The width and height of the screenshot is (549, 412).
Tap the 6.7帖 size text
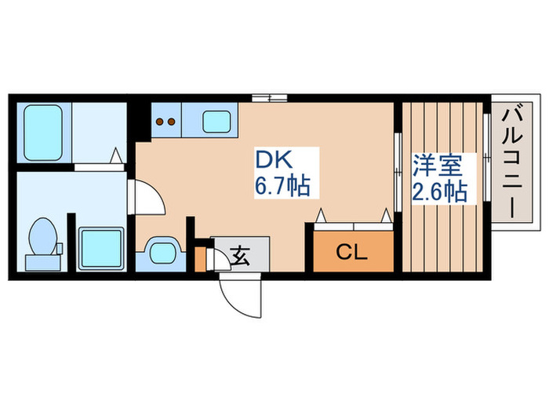[280, 187]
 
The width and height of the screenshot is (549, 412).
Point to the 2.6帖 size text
[439, 191]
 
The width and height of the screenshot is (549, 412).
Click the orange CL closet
[352, 251]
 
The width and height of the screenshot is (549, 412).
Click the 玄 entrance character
[240, 255]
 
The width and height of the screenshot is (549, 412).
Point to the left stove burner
[160, 122]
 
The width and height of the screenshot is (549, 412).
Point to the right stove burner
[171, 122]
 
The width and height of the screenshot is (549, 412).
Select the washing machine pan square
[101, 249]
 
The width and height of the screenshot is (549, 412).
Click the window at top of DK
[269, 97]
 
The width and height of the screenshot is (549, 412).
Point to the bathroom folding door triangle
[116, 158]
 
